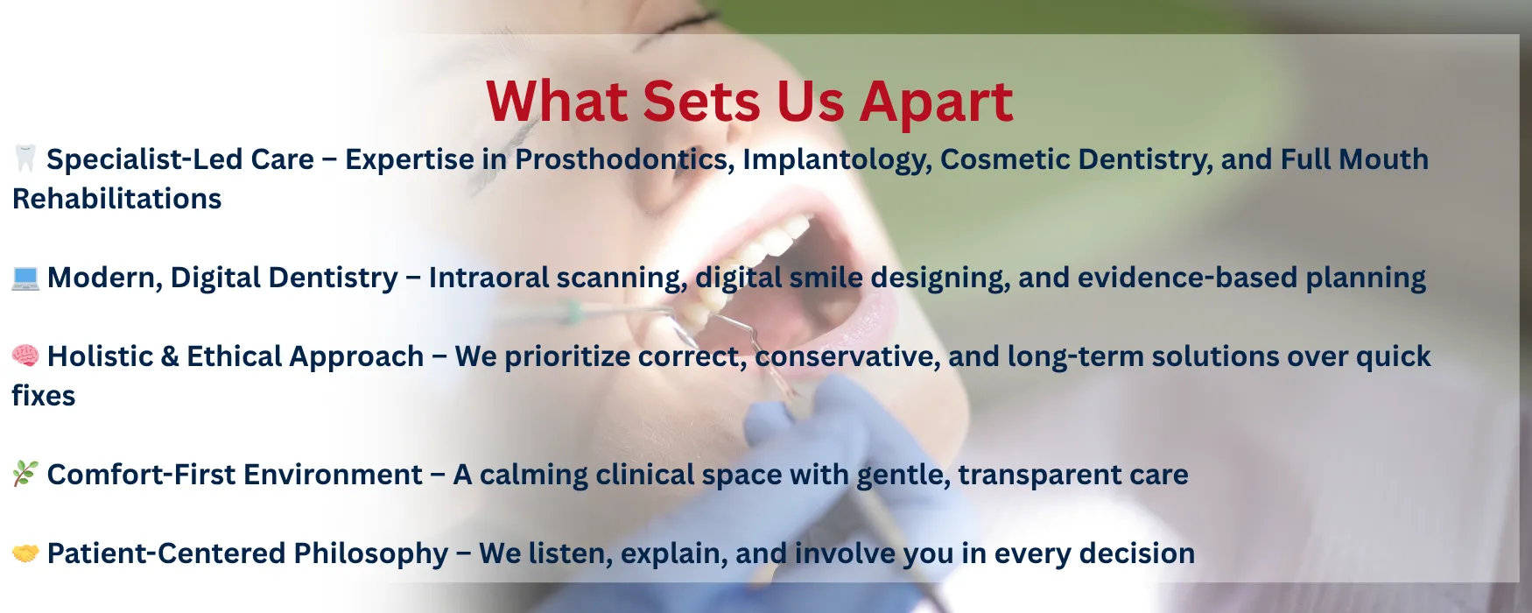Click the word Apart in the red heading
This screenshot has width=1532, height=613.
936,102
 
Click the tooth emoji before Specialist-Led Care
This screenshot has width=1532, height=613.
25,159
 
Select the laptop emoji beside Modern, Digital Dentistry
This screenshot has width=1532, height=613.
25,278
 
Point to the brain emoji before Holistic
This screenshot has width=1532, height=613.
25,356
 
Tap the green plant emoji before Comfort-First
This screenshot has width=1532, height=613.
25,474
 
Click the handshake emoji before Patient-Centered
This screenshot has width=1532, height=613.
25,553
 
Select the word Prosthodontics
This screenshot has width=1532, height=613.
624,159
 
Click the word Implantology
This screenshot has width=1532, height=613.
837,160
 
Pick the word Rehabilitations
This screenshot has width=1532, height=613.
117,199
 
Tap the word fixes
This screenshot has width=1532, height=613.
44,396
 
